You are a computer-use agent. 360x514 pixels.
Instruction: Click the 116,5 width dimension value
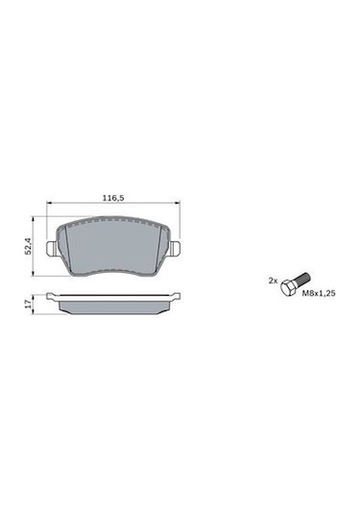coord(113,198)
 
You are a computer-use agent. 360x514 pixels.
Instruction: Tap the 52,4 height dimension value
coord(28,246)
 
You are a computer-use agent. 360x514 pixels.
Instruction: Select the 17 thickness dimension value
coord(28,304)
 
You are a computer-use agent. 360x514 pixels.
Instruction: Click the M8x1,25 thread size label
coord(319,293)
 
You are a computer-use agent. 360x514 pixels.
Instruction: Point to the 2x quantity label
coord(273,281)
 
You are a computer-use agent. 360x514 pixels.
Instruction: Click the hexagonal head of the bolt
coord(287,287)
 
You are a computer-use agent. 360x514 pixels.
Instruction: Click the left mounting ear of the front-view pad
coord(52,249)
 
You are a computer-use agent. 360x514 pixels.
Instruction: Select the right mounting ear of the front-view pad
coord(175,249)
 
